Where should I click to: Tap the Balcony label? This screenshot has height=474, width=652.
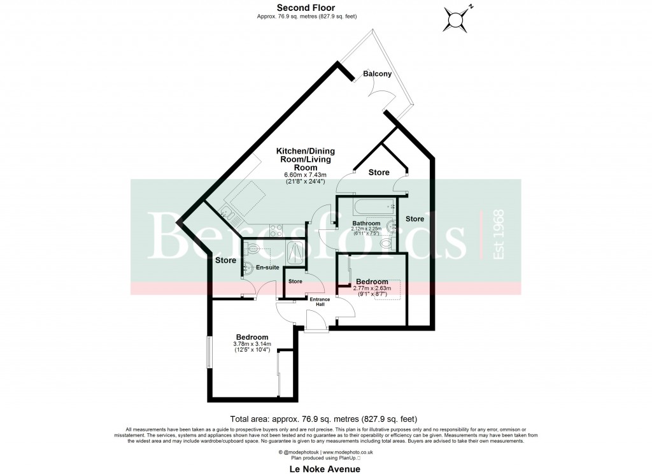377,75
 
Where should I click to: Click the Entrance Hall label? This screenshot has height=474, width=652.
317,302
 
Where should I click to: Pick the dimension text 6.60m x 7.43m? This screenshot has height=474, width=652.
305,175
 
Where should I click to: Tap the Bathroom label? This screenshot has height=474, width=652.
366,224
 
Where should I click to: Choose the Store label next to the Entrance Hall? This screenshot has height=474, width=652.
295,281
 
